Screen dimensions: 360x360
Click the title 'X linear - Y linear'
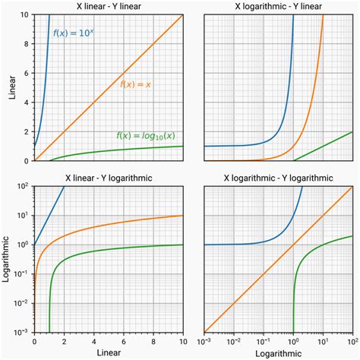(x=109, y=6)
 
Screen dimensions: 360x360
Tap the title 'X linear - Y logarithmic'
(x=109, y=177)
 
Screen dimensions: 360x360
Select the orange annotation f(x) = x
(x=136, y=84)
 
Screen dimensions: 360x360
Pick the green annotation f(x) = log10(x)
(x=148, y=135)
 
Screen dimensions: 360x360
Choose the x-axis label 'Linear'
(x=109, y=353)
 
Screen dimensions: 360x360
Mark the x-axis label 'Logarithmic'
(x=278, y=353)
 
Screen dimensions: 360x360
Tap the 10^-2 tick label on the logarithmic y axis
(x=23, y=304)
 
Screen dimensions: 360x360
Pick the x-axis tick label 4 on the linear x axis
(x=93, y=342)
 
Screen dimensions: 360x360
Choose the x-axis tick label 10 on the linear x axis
(x=182, y=342)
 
